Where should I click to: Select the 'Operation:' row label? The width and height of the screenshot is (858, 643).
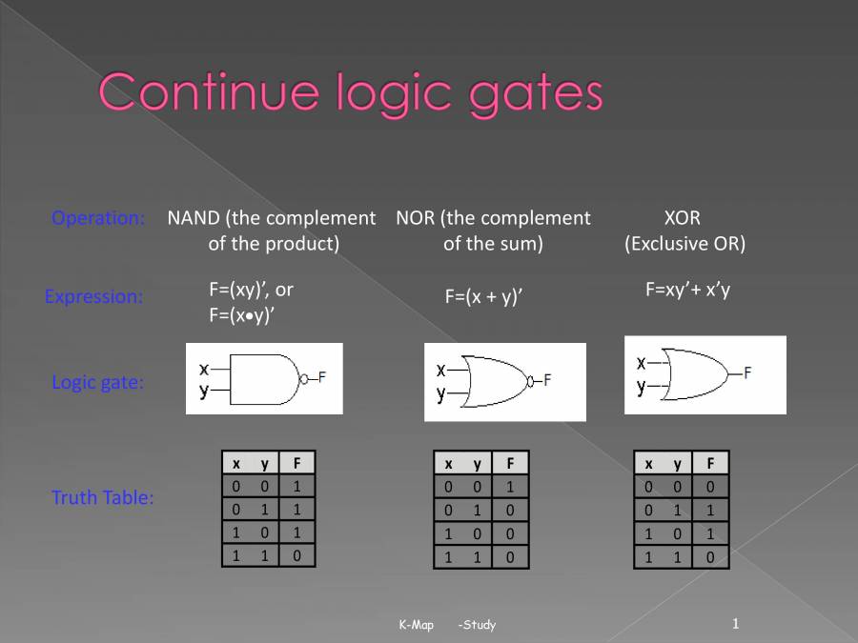point(98,218)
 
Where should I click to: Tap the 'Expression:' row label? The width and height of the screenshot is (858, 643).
point(93,296)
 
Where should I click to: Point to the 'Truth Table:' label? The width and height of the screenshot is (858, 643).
point(102,497)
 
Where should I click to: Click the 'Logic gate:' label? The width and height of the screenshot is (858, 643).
point(98,383)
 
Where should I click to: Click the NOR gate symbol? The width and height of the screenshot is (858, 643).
point(496,381)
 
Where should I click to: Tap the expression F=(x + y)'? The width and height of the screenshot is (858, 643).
point(483,296)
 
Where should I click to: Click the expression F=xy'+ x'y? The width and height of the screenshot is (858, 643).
point(687,290)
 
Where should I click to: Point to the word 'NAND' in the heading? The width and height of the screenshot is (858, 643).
point(194,218)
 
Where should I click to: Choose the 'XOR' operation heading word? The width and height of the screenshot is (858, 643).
point(682,218)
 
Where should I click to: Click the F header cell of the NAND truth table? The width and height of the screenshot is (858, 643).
point(297,464)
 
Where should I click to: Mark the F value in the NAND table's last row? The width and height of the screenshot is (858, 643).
point(297,554)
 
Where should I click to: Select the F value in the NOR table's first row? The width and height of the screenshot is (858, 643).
point(510,487)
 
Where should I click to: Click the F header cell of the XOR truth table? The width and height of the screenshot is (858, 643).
point(709,464)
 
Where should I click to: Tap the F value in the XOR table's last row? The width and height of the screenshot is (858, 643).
point(709,556)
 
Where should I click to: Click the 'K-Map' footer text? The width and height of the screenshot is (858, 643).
point(416,625)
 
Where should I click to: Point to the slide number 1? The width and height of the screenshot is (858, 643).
point(736,623)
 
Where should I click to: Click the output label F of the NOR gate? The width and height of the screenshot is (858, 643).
point(547,380)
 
